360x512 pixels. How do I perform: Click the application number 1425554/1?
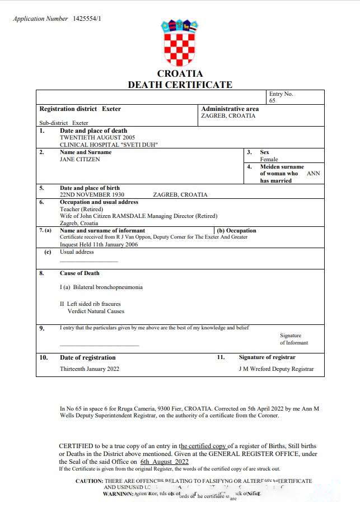87,19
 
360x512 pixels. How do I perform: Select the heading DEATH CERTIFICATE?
180,85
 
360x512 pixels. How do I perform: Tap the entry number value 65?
272,101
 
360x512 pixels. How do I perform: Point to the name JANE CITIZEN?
80,159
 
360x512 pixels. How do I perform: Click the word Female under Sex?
269,159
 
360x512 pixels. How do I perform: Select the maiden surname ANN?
314,174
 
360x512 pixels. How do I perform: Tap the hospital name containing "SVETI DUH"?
109,145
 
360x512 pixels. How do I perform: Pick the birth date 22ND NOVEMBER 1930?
92,195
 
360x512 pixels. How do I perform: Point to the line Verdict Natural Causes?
96,311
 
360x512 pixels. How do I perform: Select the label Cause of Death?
80,273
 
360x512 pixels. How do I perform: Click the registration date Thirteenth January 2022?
90,369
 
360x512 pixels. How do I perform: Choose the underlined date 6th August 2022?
165,462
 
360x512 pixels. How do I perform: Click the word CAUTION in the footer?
89,481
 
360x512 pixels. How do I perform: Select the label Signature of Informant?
294,339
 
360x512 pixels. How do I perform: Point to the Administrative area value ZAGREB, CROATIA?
228,116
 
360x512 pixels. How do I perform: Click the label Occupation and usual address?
99,202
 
